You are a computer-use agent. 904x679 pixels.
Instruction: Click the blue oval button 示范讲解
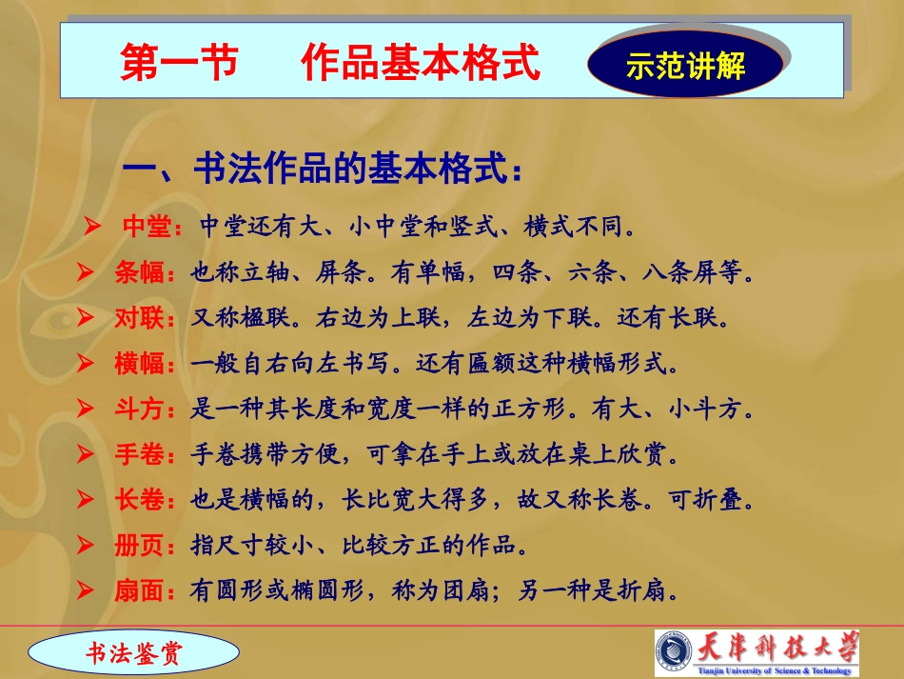(685, 66)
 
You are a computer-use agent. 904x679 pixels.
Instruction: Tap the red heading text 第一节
(178, 64)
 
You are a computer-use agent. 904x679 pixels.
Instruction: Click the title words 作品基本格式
(421, 64)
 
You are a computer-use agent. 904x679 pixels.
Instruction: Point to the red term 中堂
(147, 227)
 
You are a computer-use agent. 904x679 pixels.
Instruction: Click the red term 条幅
(139, 273)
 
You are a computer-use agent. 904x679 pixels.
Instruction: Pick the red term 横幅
(139, 364)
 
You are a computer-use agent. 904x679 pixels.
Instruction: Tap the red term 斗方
(139, 409)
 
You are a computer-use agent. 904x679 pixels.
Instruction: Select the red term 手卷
(139, 454)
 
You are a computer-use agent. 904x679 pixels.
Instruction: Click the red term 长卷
(139, 500)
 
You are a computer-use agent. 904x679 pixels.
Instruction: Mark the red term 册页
(139, 546)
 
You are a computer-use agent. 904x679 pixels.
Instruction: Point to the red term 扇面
(139, 591)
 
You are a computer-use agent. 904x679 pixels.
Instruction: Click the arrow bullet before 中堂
(92, 226)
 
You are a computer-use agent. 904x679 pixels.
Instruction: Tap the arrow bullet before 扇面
(86, 591)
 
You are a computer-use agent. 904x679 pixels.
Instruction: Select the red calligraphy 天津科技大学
(778, 648)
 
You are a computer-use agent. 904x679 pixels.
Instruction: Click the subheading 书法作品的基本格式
(324, 171)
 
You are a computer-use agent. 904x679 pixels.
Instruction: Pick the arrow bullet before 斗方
(86, 409)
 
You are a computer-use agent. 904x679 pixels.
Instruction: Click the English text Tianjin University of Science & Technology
(778, 670)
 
